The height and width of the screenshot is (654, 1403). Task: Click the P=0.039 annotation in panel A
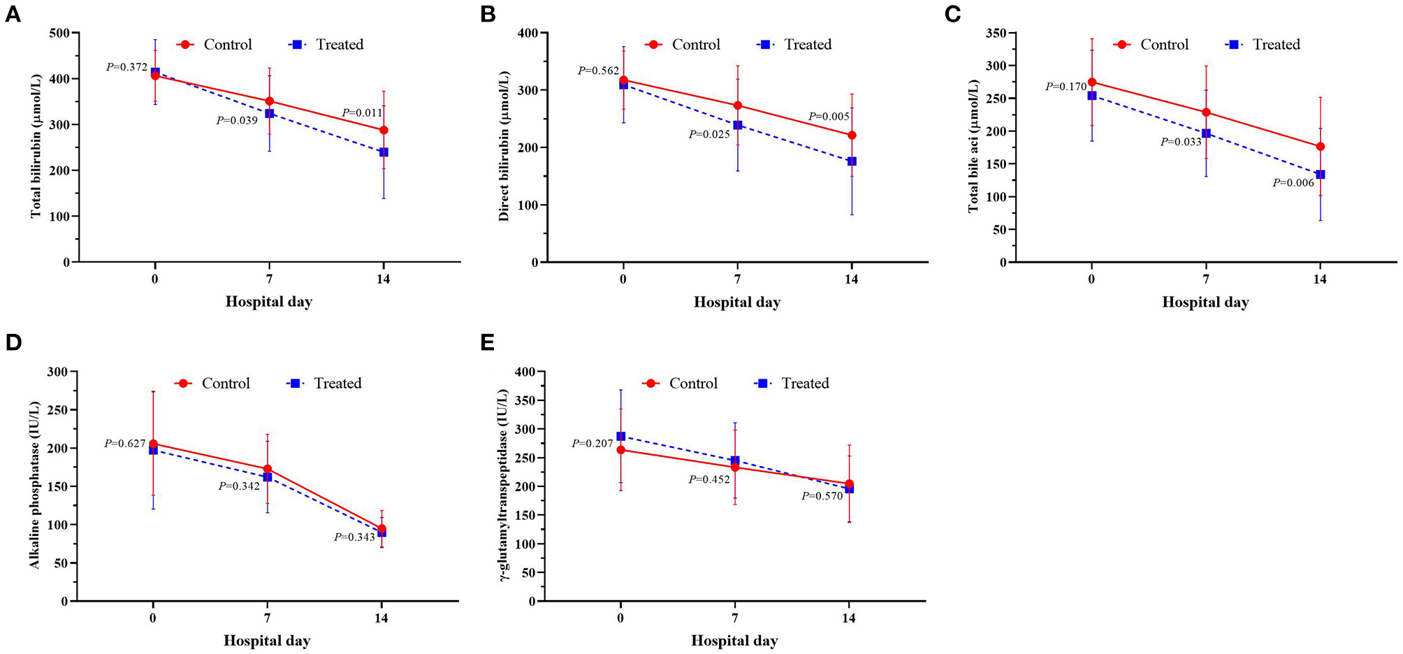click(x=237, y=121)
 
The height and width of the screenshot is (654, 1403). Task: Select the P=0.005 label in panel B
click(x=829, y=117)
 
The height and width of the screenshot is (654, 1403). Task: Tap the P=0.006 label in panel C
click(x=1293, y=183)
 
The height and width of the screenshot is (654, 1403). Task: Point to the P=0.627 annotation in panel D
click(x=125, y=444)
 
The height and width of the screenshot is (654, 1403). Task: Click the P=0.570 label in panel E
click(x=822, y=496)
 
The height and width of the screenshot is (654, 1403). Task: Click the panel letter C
click(x=952, y=15)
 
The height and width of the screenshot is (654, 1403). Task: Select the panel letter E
click(x=487, y=342)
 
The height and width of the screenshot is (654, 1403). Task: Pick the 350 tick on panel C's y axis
click(x=996, y=33)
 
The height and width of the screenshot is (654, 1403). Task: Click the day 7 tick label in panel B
click(x=737, y=279)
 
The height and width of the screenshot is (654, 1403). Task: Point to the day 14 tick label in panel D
click(x=381, y=618)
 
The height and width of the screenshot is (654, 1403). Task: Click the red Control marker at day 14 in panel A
click(x=384, y=130)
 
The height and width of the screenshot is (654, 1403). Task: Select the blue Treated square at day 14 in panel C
click(x=1320, y=174)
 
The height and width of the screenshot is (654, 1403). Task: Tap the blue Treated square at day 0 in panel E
click(x=620, y=436)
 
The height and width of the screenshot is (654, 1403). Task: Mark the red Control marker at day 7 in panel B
click(x=737, y=106)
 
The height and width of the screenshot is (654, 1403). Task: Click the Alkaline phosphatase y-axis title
click(x=35, y=485)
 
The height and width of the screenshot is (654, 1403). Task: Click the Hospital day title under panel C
click(x=1205, y=303)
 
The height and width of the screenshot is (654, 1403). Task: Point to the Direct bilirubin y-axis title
click(x=504, y=146)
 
